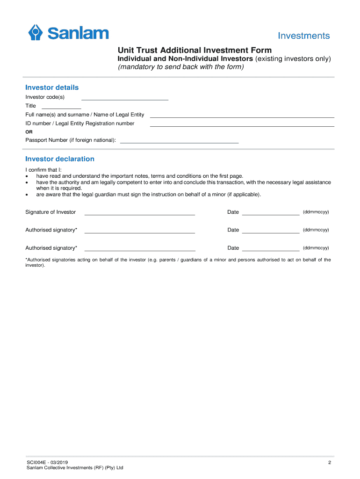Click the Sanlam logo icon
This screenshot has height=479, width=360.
[36, 33]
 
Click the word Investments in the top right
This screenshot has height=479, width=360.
[304, 36]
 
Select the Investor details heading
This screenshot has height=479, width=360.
[52, 87]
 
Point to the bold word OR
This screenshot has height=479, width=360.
[29, 132]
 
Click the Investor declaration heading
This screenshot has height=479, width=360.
[60, 159]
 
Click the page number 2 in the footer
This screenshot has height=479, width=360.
[330, 463]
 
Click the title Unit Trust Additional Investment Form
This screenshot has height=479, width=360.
[194, 50]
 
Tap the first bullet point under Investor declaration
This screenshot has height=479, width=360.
[27, 176]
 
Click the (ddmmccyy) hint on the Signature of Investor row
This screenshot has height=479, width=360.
[316, 212]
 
